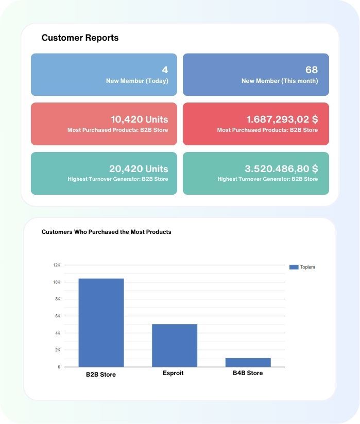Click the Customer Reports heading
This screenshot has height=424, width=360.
click(x=80, y=38)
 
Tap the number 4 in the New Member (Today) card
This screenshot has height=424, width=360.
click(x=165, y=70)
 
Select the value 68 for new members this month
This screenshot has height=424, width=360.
click(x=311, y=70)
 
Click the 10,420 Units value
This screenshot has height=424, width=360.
click(x=139, y=119)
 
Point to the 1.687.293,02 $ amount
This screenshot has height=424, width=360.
click(x=282, y=119)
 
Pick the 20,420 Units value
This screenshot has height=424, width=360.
click(x=139, y=168)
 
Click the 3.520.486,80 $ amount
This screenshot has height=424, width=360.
click(x=281, y=168)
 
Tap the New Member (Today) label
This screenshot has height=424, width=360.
click(x=137, y=81)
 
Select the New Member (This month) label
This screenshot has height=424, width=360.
click(x=280, y=81)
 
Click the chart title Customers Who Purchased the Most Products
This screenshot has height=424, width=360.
click(x=106, y=232)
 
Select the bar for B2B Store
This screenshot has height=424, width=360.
click(x=101, y=323)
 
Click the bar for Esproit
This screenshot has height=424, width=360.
click(x=174, y=345)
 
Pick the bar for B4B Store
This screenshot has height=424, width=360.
click(x=248, y=362)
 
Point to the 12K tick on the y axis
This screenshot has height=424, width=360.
click(x=56, y=265)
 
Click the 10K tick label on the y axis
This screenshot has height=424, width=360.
click(x=56, y=282)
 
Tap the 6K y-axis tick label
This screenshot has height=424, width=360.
click(x=57, y=316)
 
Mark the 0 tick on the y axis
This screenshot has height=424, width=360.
click(x=59, y=367)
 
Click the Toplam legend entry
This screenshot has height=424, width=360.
click(x=302, y=267)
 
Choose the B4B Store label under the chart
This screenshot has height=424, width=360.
click(x=248, y=373)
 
